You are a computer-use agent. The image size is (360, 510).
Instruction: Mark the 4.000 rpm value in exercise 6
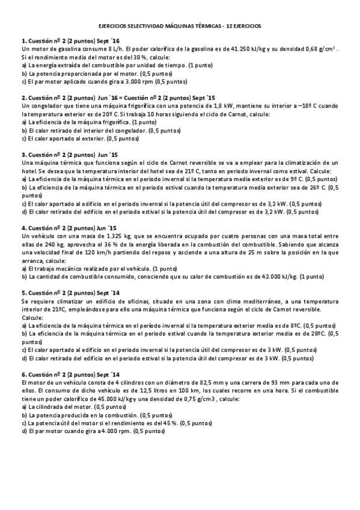click(115, 431)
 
